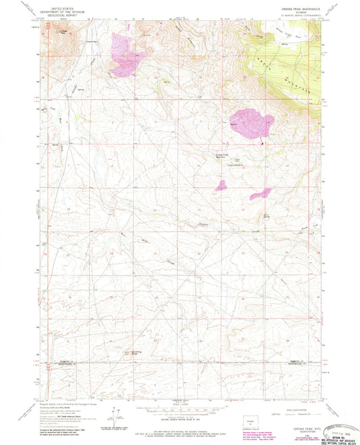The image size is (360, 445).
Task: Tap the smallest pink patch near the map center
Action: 221,184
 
